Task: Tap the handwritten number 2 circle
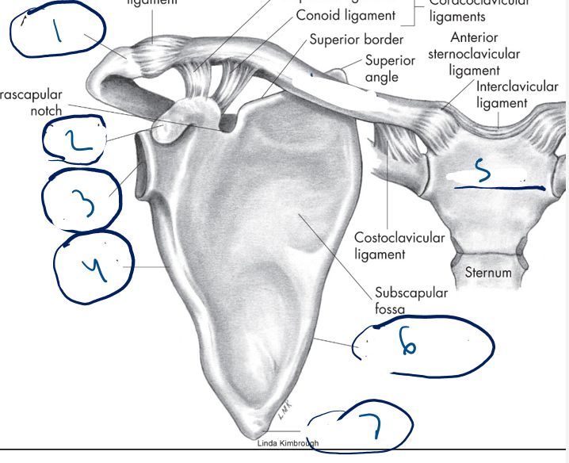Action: (73, 140)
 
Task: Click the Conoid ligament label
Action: (346, 16)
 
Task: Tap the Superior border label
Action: (357, 40)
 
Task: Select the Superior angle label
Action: (389, 69)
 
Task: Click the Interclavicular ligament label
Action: (517, 94)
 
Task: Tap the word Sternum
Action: (487, 272)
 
